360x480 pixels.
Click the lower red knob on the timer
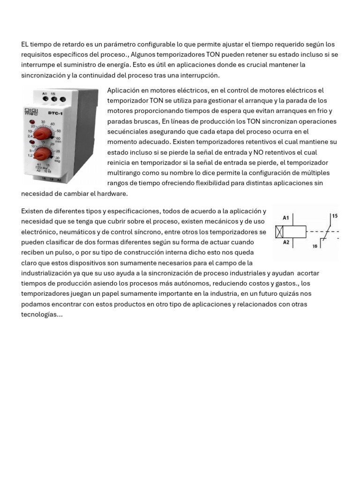coord(43,153)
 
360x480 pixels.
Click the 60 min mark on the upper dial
coord(59,139)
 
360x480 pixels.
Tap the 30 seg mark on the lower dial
coord(58,159)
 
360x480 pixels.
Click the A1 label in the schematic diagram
coord(286,217)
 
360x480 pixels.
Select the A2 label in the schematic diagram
coord(286,242)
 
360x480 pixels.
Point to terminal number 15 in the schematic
coord(334,216)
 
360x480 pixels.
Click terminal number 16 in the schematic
coord(314,246)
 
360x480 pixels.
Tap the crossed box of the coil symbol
coord(279,231)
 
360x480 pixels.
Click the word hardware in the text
coord(112,194)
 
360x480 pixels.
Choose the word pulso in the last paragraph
coord(63,253)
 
